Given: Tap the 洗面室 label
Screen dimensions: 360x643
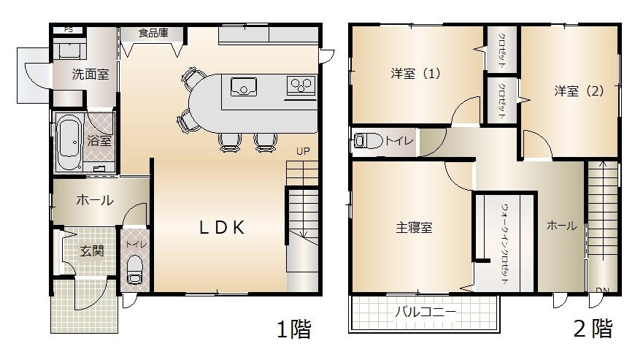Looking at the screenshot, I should pos(90,74).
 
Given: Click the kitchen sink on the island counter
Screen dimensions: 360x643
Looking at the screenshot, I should pos(243,86).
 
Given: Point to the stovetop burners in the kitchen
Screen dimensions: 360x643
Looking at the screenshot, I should pos(299,86).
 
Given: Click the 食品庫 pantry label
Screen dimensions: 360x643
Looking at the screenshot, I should pos(153,32).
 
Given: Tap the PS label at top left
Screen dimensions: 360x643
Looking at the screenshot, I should pos(69,29).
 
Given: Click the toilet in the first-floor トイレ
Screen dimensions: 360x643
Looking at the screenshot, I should pos(134,270).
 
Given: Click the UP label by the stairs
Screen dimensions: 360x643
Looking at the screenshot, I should pos(303,152).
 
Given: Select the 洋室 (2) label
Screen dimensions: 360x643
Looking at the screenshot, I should pos(579,91).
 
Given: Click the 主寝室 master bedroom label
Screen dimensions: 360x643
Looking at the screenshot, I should pos(414,227).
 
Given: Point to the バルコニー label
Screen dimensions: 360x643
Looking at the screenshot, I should pos(425,313).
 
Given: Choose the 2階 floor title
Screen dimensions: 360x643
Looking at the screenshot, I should pos(592,329).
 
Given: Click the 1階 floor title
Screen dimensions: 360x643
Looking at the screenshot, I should pos(293,330).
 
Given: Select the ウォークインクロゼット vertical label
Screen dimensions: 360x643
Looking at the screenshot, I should pos(505,244).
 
